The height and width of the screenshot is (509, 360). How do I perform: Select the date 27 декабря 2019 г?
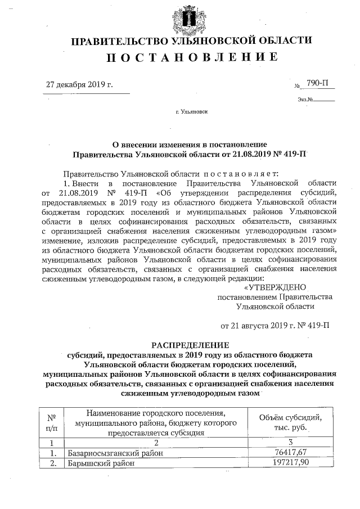click(79, 85)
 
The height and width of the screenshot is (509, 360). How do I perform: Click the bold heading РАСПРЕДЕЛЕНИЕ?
click(190, 345)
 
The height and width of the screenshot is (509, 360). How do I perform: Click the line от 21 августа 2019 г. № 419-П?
click(275, 325)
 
